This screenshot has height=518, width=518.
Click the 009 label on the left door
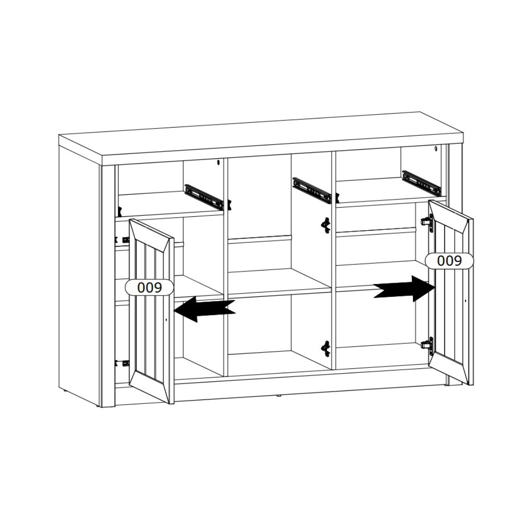pos(149,288)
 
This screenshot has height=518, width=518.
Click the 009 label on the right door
pos(449,261)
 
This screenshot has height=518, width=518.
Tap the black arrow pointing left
pos(204,309)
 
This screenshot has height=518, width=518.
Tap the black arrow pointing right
pos(405,289)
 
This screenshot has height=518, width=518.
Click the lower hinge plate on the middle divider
pos(326,349)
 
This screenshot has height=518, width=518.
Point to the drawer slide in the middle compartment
pos(312,190)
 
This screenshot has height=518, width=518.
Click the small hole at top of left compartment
pos(218,162)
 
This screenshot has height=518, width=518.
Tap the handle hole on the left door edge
pos(166,320)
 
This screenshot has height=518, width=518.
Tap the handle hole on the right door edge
pos(465,301)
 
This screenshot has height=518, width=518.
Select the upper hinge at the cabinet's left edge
pos(121,238)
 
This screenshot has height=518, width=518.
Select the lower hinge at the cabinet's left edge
pos(121,363)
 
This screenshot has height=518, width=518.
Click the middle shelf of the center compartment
pos(280,282)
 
